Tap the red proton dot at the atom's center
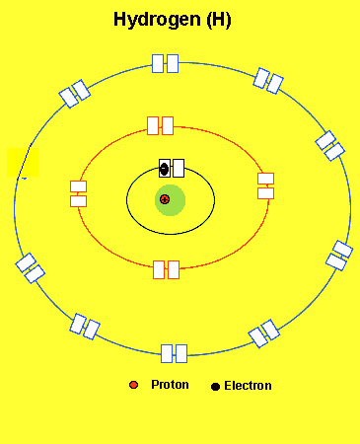point(165,200)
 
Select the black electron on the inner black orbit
point(165,170)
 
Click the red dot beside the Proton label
point(133,385)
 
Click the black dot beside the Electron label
point(215,386)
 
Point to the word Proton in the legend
point(170,385)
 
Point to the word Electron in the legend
point(248,386)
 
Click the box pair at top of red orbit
point(160,125)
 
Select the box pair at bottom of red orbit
point(166,269)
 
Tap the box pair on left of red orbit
point(79,193)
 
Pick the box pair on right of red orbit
point(265,185)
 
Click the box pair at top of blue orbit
point(165,63)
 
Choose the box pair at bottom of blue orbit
point(174,353)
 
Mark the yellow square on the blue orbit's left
point(23,163)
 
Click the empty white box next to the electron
point(179,168)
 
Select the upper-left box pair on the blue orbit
point(75,94)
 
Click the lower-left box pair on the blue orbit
point(85,326)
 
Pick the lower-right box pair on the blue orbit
point(264,333)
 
